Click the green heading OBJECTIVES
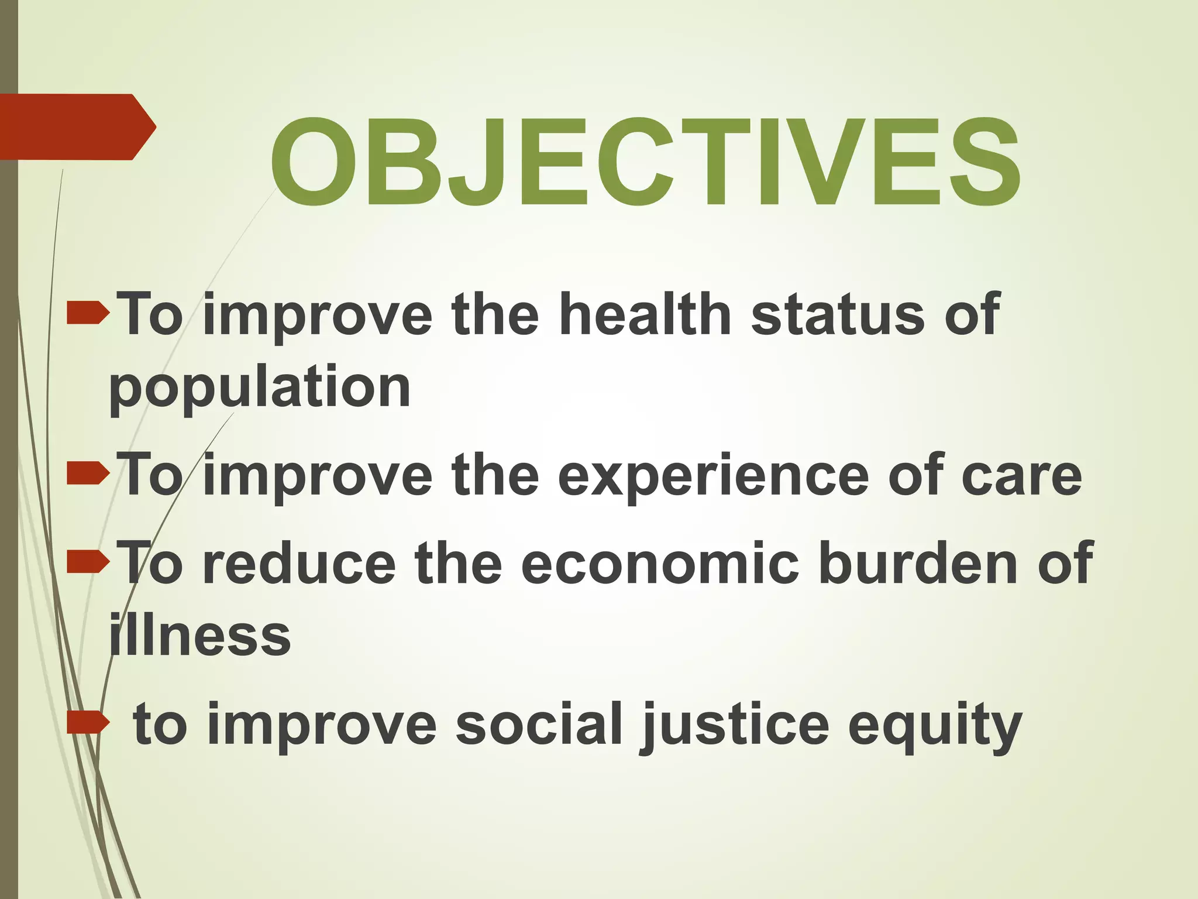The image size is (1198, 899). pos(645,162)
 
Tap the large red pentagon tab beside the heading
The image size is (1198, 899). pos(76,126)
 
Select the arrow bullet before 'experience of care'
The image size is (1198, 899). pos(88,474)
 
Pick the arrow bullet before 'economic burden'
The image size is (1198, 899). pos(88,562)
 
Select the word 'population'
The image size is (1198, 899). pos(260,387)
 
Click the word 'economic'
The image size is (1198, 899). pos(660,564)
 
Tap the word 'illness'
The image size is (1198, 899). pos(200,635)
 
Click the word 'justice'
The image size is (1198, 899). pos(735,726)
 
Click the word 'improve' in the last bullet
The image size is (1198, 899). pos(321,726)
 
